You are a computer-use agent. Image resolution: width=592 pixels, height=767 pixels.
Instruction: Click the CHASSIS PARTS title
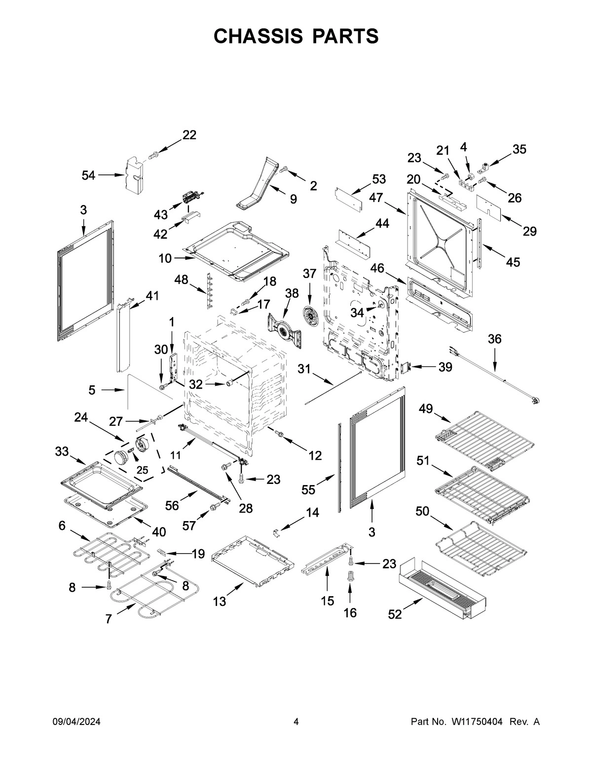(x=296, y=36)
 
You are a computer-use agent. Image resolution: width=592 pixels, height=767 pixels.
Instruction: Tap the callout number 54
(x=89, y=175)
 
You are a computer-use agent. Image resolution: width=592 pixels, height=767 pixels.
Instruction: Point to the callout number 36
(x=494, y=339)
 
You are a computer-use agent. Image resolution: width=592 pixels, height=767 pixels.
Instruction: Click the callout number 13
(x=220, y=601)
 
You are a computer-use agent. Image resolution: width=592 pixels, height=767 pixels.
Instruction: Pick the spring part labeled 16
(x=350, y=576)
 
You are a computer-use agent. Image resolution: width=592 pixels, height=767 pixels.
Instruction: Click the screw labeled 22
(x=153, y=156)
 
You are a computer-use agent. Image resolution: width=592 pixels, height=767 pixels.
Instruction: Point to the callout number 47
(x=376, y=198)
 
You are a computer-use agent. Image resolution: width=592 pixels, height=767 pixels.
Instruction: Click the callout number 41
(x=152, y=295)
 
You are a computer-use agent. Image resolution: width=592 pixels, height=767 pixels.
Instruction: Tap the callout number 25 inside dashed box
(x=142, y=470)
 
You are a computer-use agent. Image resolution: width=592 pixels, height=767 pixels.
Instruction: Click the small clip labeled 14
(x=277, y=532)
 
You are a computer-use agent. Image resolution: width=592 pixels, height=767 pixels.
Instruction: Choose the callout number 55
(x=309, y=489)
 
